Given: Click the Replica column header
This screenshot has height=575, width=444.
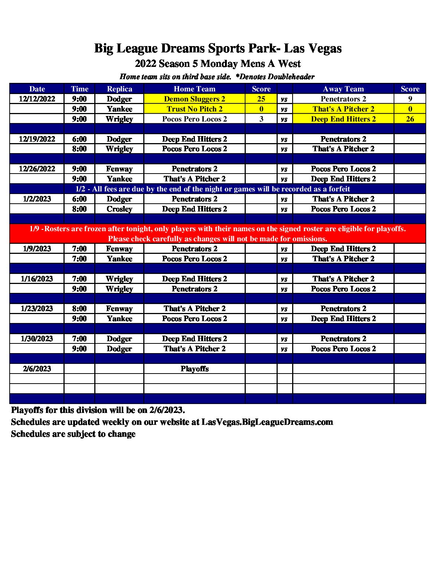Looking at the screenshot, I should (x=119, y=89).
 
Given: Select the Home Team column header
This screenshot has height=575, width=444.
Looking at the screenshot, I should (x=194, y=89).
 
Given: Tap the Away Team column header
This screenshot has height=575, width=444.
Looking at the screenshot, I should (x=343, y=89).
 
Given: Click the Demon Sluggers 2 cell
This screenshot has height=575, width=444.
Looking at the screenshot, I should (x=194, y=99).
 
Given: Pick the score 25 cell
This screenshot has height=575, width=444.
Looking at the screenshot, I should (x=261, y=99).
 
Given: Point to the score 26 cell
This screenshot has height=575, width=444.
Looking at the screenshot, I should (x=410, y=119).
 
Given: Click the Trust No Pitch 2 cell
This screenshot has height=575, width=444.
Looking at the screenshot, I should (x=194, y=109).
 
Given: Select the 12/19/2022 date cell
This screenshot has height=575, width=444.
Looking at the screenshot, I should (x=37, y=139).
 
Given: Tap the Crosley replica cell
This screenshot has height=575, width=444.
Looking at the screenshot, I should (x=119, y=209).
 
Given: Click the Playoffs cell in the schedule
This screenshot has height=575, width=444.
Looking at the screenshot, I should (x=194, y=369).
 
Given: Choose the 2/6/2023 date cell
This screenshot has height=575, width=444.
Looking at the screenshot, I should (x=37, y=369).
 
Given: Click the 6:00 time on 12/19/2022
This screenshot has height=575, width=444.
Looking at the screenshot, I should (x=79, y=139).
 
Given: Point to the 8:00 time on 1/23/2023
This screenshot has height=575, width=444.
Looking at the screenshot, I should (x=79, y=309).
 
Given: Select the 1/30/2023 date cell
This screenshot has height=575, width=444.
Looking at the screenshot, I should (x=37, y=339).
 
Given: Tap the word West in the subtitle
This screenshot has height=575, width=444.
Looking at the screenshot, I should (x=289, y=64).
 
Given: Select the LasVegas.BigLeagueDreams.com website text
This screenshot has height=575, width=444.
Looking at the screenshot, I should (x=267, y=422).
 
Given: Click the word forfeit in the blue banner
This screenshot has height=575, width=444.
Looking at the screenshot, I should (x=337, y=189).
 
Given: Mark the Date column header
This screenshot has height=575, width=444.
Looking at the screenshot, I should (x=37, y=89).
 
